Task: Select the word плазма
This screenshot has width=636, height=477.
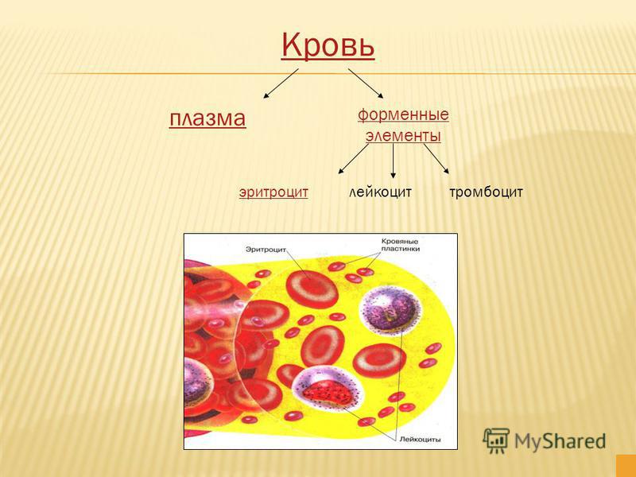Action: click(x=207, y=118)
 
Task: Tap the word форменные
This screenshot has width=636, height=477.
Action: click(x=403, y=114)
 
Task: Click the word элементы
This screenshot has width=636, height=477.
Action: click(x=403, y=135)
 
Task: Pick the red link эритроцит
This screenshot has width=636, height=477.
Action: click(x=273, y=192)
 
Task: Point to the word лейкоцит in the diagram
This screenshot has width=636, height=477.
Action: click(x=381, y=192)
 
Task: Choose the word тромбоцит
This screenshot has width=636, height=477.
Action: click(x=486, y=192)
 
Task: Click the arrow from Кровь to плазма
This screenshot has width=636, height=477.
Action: click(x=281, y=83)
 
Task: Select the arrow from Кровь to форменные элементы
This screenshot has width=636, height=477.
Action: click(x=366, y=83)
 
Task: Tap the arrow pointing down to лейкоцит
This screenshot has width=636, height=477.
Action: click(x=393, y=161)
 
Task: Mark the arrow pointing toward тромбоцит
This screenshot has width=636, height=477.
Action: click(x=436, y=158)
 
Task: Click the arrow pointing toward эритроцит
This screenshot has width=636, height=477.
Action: click(x=353, y=158)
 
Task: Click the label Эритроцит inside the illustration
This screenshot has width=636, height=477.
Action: click(x=266, y=249)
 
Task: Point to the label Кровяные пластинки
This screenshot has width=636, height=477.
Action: click(x=400, y=245)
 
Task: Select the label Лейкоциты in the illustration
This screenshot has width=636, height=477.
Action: click(x=421, y=439)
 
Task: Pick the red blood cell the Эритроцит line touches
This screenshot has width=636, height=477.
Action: click(x=312, y=289)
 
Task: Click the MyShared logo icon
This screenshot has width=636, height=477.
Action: click(x=495, y=440)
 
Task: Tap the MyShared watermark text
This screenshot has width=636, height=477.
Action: click(x=560, y=441)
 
